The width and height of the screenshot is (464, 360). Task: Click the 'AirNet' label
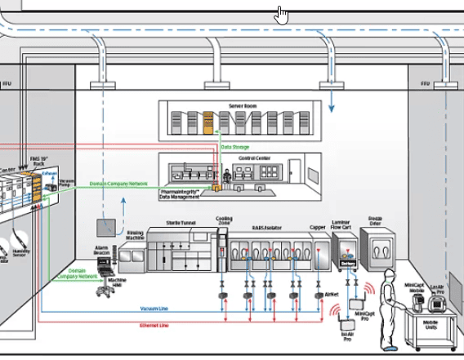click(331, 294)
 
